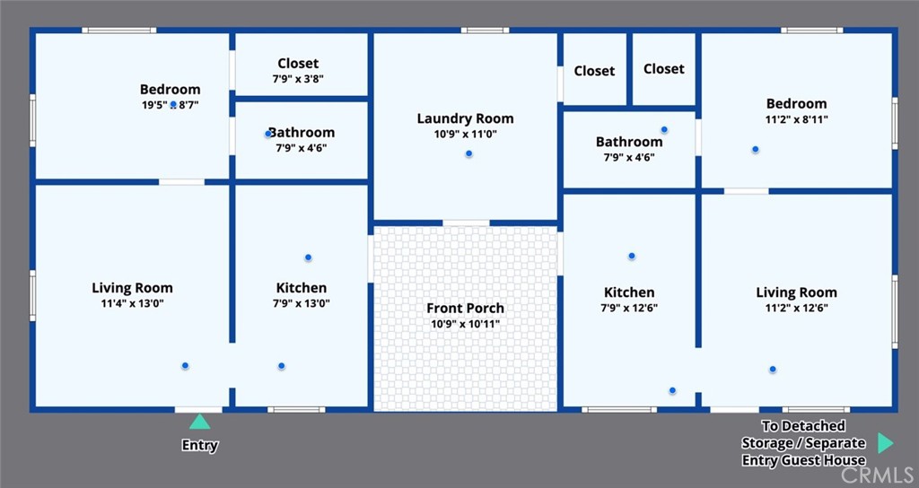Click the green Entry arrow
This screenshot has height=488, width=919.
199,422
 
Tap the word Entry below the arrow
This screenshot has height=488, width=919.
200,445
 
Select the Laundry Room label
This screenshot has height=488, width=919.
466,118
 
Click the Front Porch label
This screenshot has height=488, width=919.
466,309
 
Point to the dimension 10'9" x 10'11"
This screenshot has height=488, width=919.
466,324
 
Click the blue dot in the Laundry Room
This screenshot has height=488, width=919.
468,154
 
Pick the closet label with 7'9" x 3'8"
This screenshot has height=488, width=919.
298,64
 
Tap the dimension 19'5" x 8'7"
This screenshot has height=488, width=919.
171,106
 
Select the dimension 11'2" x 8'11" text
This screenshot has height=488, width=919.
797,119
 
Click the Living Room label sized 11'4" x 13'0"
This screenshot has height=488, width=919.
133,288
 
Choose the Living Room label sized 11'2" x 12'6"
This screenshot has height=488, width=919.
797,292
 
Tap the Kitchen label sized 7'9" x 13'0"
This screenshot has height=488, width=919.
302,288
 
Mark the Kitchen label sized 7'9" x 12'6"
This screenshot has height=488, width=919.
629,292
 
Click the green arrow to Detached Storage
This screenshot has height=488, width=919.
886,443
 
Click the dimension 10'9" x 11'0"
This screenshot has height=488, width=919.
466,135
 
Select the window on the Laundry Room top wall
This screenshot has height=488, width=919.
485,30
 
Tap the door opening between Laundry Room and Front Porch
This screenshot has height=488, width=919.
466,222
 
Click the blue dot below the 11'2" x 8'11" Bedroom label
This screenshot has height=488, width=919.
756,150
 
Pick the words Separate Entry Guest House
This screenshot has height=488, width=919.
803,452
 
